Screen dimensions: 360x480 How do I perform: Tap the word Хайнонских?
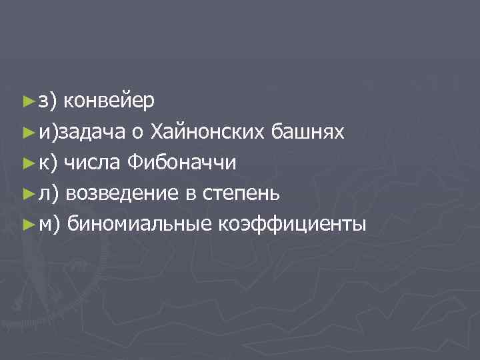pos(209,131)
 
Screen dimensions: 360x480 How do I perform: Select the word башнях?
pos(308,131)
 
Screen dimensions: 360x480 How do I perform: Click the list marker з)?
pos(49,101)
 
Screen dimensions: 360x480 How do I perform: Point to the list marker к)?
pos(49,163)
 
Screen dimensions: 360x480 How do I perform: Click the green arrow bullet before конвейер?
pos(27,101)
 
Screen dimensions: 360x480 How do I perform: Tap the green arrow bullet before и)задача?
pos(27,132)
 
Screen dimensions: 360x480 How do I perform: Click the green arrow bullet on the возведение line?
pos(27,194)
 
